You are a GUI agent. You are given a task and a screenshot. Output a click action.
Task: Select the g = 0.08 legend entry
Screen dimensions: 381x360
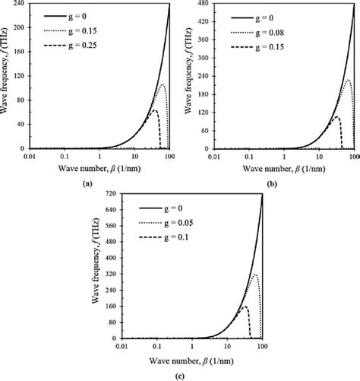tap(257, 31)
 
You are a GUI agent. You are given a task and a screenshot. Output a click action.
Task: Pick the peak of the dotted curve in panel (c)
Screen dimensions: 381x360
tap(255, 275)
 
